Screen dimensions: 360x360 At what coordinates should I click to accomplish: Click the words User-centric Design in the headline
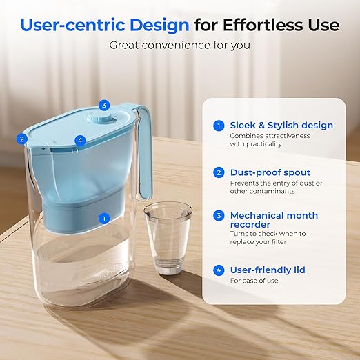tap(104, 26)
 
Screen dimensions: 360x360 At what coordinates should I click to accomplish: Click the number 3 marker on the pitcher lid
tap(103, 106)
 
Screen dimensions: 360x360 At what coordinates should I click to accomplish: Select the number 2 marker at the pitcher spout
tap(23, 139)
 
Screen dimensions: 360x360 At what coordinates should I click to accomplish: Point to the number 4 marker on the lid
tap(80, 140)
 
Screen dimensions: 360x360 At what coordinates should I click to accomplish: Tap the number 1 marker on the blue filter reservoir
tap(104, 219)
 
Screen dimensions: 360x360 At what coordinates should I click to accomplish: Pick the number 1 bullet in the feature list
tap(219, 126)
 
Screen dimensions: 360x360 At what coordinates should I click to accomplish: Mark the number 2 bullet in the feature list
tap(219, 172)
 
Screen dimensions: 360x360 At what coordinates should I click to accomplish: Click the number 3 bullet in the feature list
tap(219, 215)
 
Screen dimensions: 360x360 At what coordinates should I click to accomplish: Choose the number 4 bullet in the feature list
tap(219, 270)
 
